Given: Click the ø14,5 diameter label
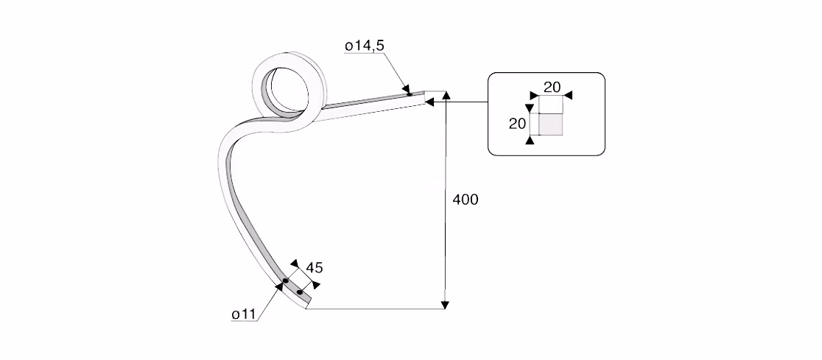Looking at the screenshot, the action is (x=365, y=46).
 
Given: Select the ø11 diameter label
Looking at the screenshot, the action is (x=243, y=314).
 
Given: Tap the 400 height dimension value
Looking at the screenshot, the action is (x=466, y=200).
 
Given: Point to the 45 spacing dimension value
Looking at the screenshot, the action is (x=314, y=268).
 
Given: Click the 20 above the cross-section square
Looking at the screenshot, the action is (x=552, y=87).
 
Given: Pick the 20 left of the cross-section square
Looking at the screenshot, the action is (x=517, y=124).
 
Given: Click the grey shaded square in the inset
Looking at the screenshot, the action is (x=551, y=124).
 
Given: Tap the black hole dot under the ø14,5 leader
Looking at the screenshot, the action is (x=409, y=94).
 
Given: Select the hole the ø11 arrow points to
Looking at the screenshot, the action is (x=285, y=281).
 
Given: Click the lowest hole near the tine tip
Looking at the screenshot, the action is (x=299, y=292).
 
